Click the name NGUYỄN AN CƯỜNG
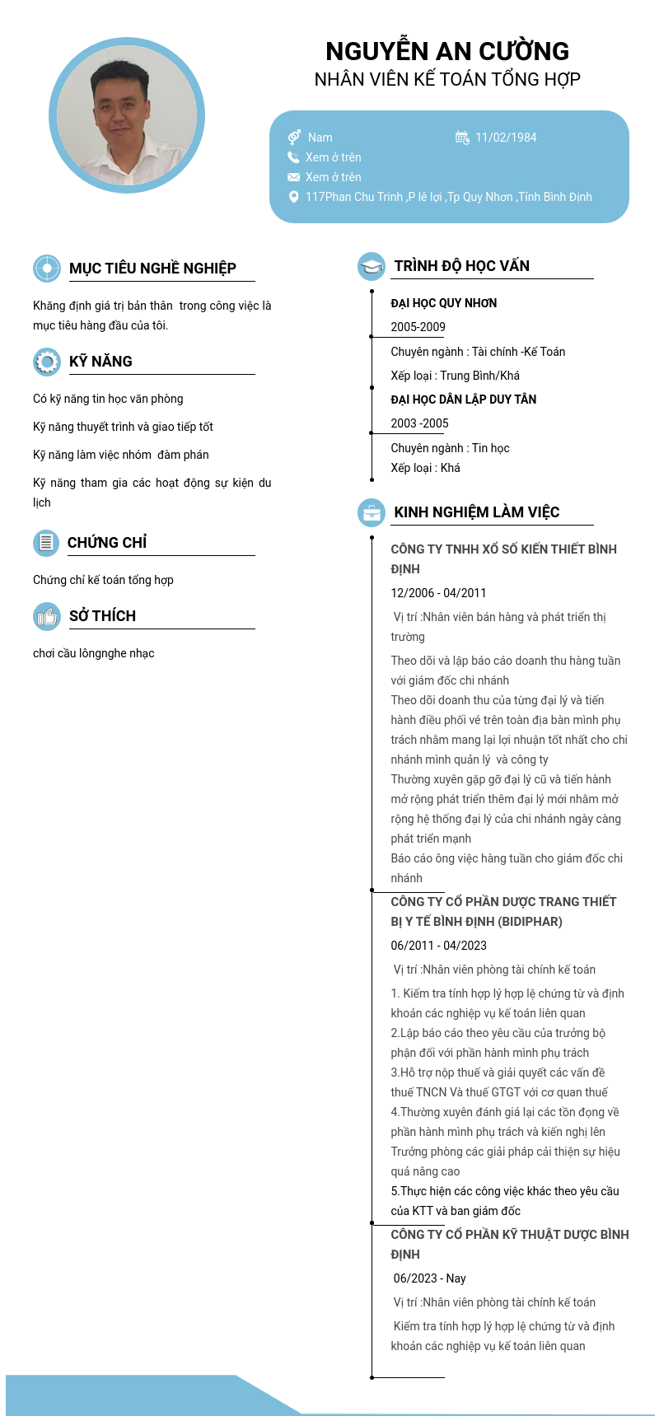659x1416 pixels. pos(447,51)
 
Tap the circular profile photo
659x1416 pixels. pos(127,115)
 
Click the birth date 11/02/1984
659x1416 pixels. pos(506,138)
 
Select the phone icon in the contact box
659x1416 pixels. pos(293,157)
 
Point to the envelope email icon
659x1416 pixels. pos(293,177)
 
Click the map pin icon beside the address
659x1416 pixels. pos(293,197)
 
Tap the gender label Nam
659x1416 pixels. pos(320,138)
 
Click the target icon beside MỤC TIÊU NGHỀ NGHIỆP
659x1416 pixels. pos(47,269)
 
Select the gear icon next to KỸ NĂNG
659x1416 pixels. pos(47,362)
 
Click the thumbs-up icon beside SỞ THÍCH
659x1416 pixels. pos(47,616)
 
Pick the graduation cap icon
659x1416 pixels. pos(372,266)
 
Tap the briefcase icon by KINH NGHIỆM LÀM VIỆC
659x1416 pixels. pos(372,512)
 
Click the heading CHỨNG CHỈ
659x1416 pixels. pos(107,543)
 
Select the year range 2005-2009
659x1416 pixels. pos(418,327)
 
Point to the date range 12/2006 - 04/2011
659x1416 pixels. pos(438,593)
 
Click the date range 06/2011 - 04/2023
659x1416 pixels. pos(438,946)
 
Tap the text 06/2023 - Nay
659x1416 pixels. pos(429,1278)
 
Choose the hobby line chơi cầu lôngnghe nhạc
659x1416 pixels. pos(94,653)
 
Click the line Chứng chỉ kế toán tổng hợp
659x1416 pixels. pos(103,580)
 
